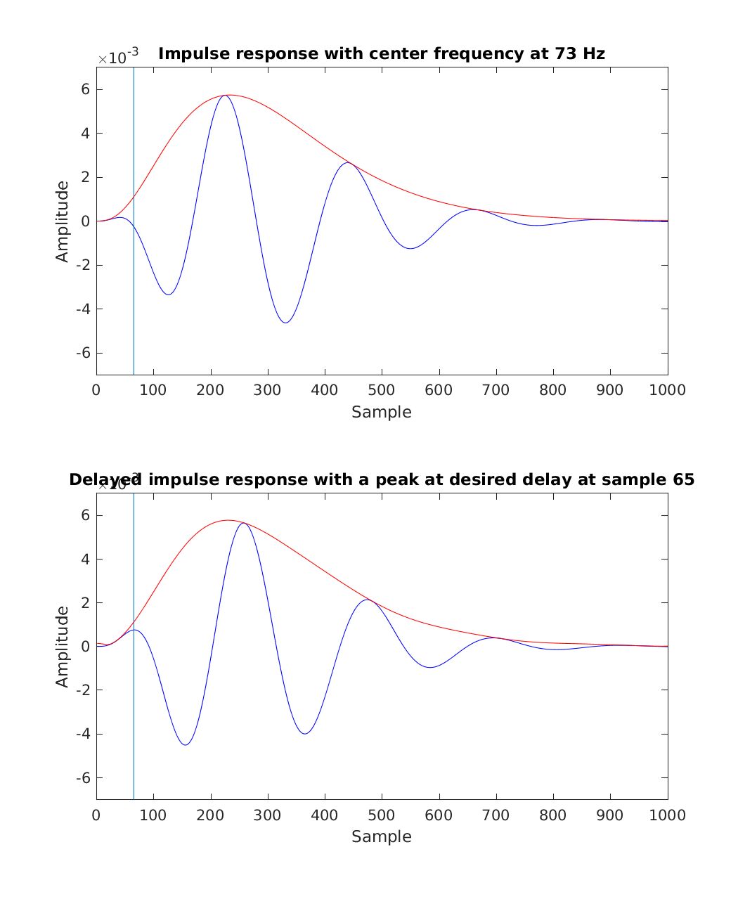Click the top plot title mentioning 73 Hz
point(381,53)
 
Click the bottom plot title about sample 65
point(381,479)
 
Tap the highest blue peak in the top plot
point(225,95)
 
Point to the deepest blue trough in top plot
point(285,323)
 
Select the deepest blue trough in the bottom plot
point(186,745)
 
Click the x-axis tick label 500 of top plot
point(382,390)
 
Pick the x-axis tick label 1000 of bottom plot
point(667,815)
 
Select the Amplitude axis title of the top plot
point(63,221)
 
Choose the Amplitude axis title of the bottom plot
point(63,647)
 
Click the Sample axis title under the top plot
point(381,412)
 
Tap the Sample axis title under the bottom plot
point(381,836)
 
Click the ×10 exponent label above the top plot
point(117,57)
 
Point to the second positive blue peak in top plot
point(348,163)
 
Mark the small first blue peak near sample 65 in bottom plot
point(134,630)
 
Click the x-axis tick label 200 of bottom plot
point(210,815)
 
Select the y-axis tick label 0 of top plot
point(86,221)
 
